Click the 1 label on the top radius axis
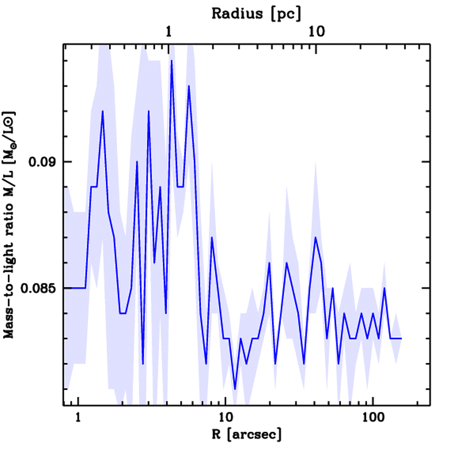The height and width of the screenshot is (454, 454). tap(169, 31)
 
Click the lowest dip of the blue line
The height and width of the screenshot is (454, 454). tap(235, 389)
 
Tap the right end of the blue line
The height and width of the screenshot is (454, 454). tap(401, 338)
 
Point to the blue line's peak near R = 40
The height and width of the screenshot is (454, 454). tap(315, 237)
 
